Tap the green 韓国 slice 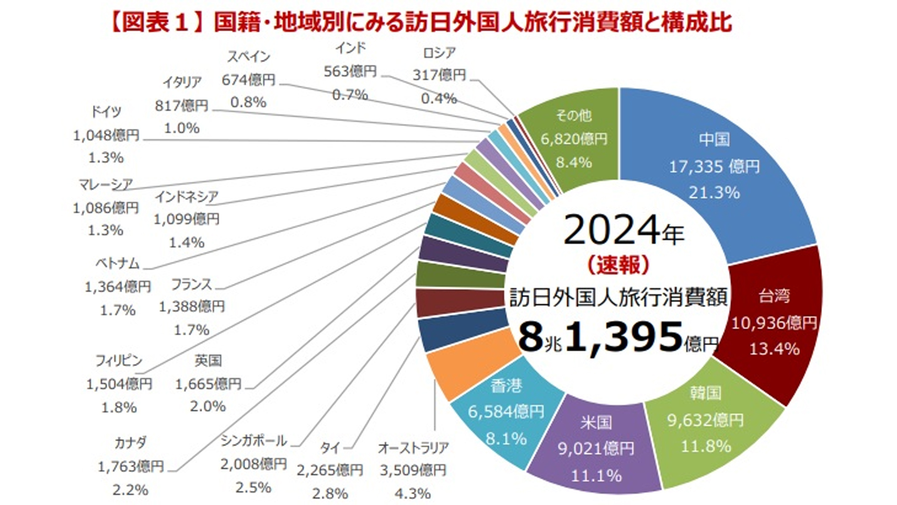pos(710,421)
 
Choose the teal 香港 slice pos(507,411)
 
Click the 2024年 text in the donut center pos(624,231)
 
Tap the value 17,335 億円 pos(714,166)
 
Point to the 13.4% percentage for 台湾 pos(774,348)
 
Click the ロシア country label pos(439,53)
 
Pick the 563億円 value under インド pos(350,71)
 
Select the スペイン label pos(249,57)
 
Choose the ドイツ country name pos(106,111)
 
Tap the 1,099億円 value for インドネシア pos(186,219)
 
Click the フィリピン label pos(119,361)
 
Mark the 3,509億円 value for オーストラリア pos(413,470)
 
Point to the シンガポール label pos(254,440)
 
